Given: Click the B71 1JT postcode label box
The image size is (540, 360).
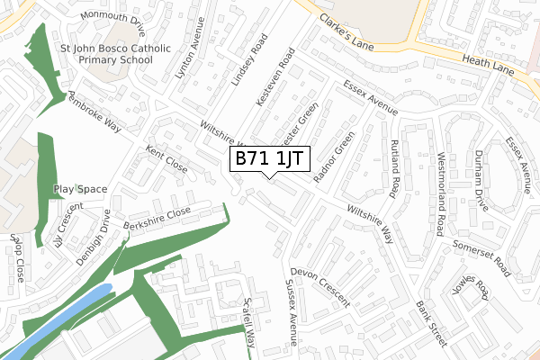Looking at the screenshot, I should click(x=271, y=159).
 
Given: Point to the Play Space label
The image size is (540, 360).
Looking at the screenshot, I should click(x=80, y=189).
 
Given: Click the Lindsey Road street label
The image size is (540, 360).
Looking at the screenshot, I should click(x=250, y=62).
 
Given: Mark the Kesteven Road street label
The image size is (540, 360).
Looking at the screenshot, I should click(x=275, y=78).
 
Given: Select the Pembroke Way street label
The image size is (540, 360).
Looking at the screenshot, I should click(x=94, y=112).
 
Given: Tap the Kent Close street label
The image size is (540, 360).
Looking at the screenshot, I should click(x=166, y=161).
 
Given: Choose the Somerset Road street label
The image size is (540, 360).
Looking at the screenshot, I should click(x=483, y=257).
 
